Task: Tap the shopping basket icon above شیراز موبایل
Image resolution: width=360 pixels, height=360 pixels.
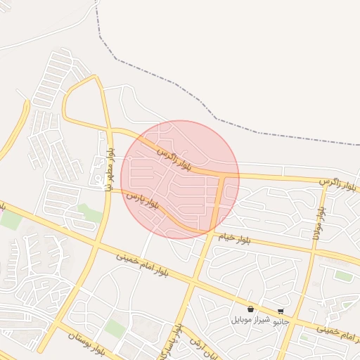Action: pyautogui.click(x=250, y=309)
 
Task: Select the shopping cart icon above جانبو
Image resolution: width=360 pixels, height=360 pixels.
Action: pyautogui.click(x=281, y=311)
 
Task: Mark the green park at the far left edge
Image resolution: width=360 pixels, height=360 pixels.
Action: pyautogui.click(x=10, y=219)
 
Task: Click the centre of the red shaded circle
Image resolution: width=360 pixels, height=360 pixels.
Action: pyautogui.click(x=180, y=179)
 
